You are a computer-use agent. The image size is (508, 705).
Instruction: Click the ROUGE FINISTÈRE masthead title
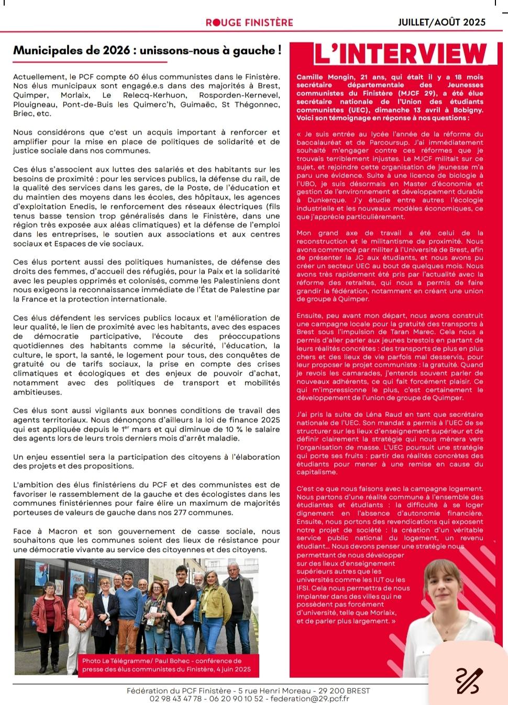249,22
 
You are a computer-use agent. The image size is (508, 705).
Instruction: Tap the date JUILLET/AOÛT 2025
441,22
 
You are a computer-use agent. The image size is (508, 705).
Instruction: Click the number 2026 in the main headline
116,50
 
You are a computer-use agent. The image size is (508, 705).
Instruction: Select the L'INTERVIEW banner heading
401,53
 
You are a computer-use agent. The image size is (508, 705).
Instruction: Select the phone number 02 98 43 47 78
175,698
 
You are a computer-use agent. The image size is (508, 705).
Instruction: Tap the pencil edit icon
468,680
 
